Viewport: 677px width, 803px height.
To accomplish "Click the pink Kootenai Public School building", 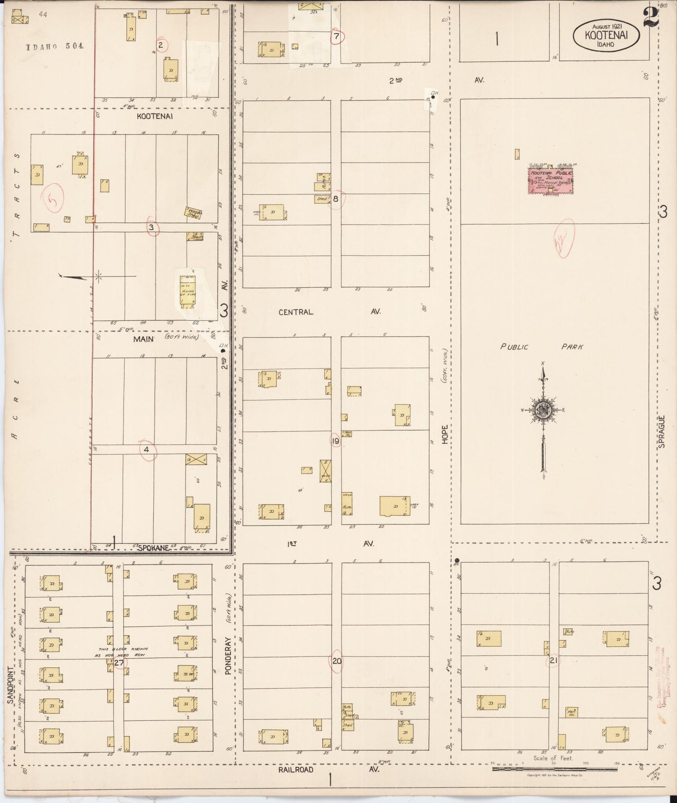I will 551,181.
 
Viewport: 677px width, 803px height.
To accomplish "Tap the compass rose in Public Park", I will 543,409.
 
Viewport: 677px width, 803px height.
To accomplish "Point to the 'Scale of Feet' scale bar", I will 555,768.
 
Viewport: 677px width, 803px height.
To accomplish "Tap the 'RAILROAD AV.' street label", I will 327,770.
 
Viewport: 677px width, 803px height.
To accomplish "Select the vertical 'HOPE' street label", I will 445,433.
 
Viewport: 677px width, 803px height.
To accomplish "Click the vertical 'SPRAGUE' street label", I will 662,432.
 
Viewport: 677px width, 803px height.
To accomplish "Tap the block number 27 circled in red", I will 119,662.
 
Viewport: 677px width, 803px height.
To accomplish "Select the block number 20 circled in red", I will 337,662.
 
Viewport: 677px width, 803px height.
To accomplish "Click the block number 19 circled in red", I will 335,441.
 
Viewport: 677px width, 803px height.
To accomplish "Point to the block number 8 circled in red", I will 336,199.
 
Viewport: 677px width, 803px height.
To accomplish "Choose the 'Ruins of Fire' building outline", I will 187,291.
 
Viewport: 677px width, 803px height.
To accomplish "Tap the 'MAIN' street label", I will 143,338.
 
